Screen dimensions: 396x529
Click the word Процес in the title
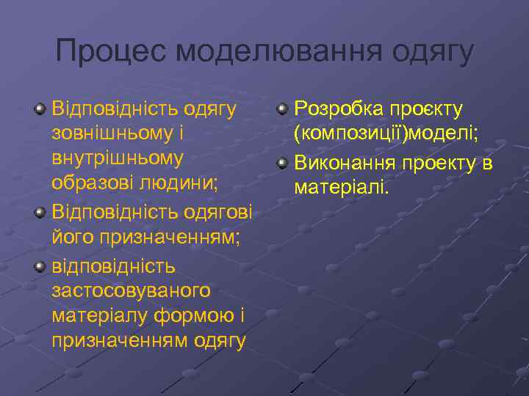tap(111, 52)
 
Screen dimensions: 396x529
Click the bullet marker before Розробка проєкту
tap(283, 110)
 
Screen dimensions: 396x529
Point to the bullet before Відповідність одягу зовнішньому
tap(40, 110)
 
